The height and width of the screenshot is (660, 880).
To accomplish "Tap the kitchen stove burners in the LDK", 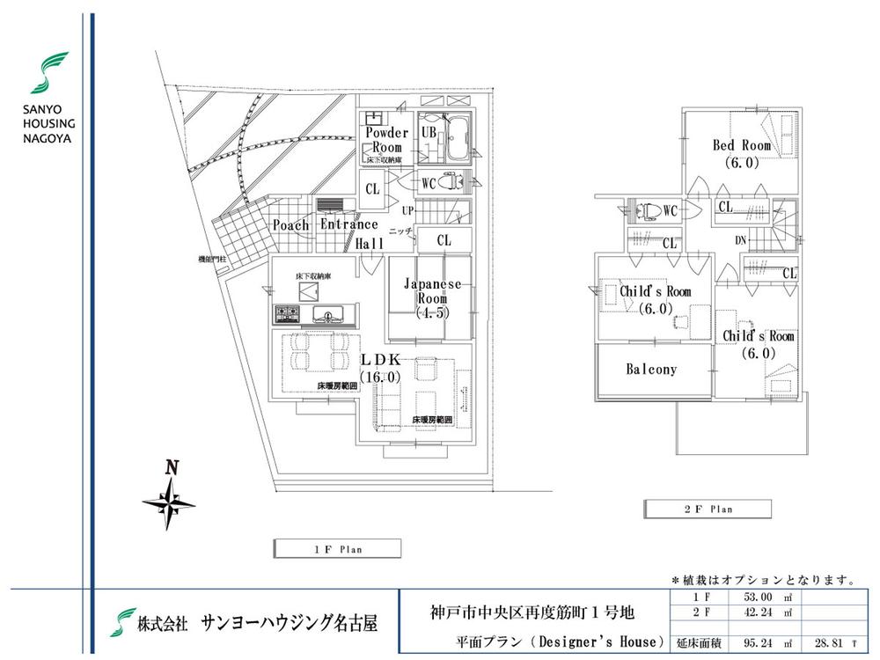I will (286, 313).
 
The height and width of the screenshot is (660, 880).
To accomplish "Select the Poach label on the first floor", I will (290, 225).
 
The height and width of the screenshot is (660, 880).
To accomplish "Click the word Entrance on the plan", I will (349, 225).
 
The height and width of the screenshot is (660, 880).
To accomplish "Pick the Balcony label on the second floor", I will (651, 370).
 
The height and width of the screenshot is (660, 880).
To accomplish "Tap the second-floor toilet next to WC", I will (648, 211).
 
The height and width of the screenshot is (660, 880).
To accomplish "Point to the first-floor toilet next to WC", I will (451, 183).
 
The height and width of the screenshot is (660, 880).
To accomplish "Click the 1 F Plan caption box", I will (337, 549).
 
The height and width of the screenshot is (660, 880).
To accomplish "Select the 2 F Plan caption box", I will (708, 509).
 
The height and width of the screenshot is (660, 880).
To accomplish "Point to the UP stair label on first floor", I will (407, 211).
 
